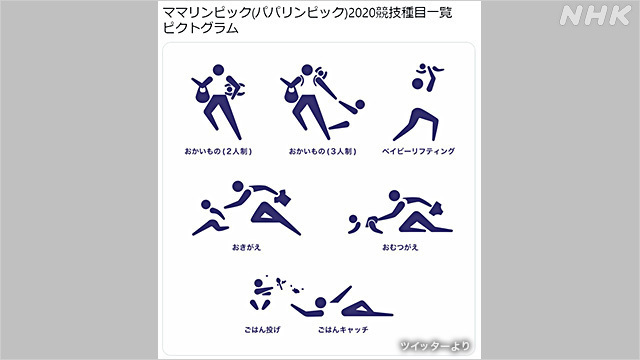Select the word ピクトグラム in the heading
200,31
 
